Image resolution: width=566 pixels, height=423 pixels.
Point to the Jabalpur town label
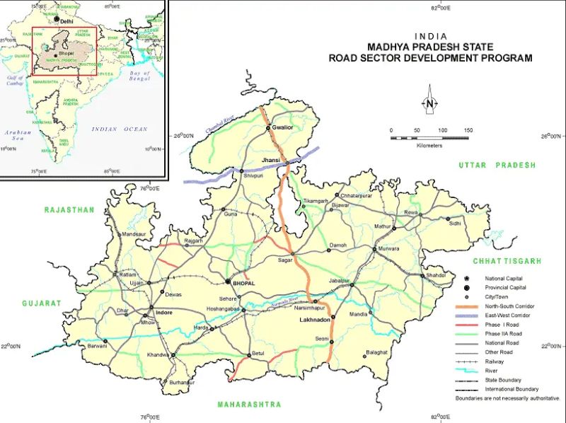coord(340,281)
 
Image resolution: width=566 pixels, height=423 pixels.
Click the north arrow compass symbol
coord(429,101)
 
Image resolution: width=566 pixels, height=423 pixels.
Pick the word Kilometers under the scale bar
coord(429,145)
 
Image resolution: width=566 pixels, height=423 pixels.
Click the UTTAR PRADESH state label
coord(497,165)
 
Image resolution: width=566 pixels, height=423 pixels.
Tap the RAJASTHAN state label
coord(69,210)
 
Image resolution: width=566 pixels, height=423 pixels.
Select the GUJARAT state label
coord(42,303)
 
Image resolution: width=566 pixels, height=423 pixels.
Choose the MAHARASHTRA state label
coord(249,405)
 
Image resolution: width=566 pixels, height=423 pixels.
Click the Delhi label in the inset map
coord(67,22)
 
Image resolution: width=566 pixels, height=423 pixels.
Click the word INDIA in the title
coord(430,37)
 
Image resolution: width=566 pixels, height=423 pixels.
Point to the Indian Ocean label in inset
coord(119,129)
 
